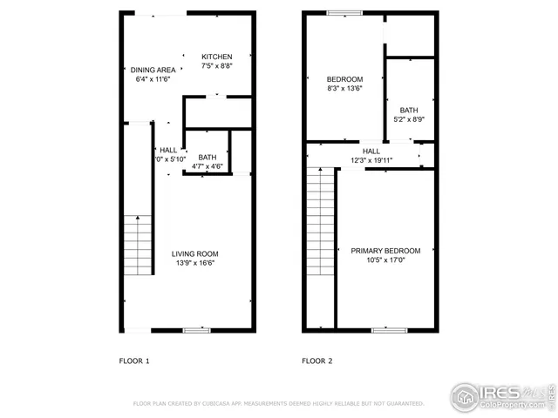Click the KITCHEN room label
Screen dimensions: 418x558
click(x=217, y=57)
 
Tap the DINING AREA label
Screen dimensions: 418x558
click(x=153, y=70)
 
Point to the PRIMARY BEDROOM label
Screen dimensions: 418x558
click(x=385, y=251)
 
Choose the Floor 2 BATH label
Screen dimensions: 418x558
click(x=409, y=110)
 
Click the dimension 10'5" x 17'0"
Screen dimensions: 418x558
click(x=385, y=260)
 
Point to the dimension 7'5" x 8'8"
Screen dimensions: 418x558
click(x=217, y=66)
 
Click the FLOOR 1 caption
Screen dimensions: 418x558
click(x=134, y=361)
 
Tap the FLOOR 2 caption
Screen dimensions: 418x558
click(x=317, y=361)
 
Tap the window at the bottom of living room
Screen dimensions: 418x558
click(x=197, y=330)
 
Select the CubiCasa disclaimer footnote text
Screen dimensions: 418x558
click(x=278, y=404)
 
